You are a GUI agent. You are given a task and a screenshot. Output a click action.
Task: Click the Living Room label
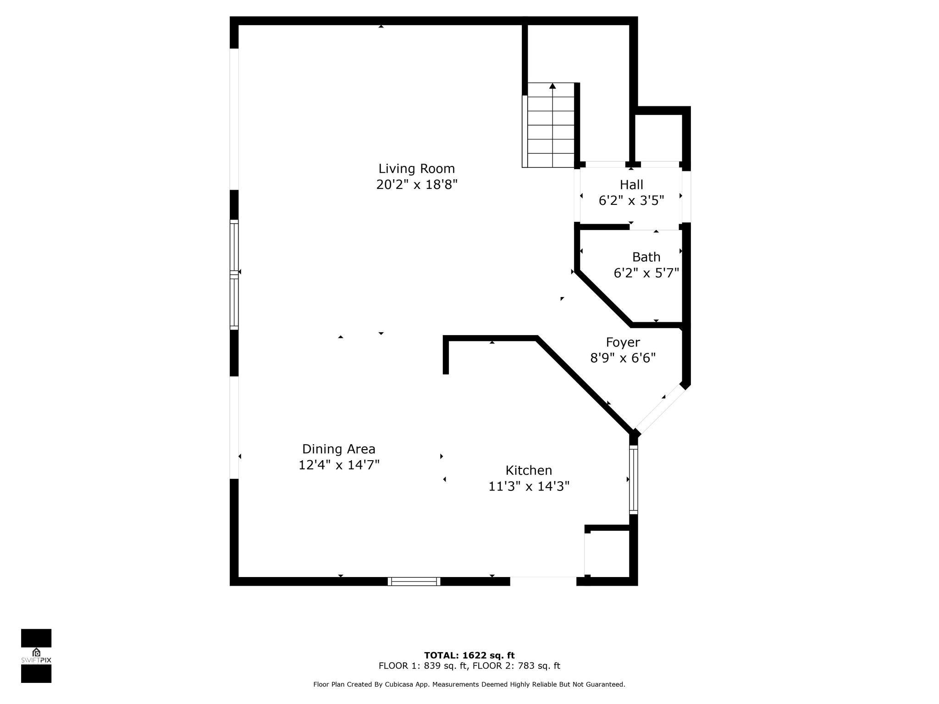pyautogui.click(x=416, y=169)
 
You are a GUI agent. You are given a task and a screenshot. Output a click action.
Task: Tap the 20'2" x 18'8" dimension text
pyautogui.click(x=417, y=185)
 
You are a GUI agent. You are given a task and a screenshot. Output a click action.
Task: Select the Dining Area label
pyautogui.click(x=339, y=449)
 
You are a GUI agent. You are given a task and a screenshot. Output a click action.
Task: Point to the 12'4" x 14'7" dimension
pyautogui.click(x=339, y=465)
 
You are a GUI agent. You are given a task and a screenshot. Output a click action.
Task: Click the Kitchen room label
pyautogui.click(x=529, y=470)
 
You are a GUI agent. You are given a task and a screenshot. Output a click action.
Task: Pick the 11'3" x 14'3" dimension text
pyautogui.click(x=529, y=486)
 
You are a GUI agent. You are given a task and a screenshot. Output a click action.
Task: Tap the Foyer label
pyautogui.click(x=623, y=342)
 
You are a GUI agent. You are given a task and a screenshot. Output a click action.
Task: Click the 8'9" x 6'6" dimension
pyautogui.click(x=623, y=358)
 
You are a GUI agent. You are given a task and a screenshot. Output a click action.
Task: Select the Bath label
pyautogui.click(x=646, y=257)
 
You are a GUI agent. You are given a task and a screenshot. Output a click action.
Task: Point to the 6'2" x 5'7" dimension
pyautogui.click(x=646, y=273)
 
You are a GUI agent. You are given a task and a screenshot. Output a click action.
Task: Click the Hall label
pyautogui.click(x=631, y=185)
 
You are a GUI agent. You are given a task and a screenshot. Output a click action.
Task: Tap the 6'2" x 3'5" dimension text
pyautogui.click(x=631, y=201)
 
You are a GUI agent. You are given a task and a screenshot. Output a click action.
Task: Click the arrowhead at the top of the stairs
pyautogui.click(x=552, y=86)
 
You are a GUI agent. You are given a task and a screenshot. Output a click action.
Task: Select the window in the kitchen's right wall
pyautogui.click(x=634, y=480)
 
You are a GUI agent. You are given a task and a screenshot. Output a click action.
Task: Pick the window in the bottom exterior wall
pyautogui.click(x=414, y=581)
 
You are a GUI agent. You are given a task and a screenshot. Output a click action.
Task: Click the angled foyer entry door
pyautogui.click(x=660, y=409)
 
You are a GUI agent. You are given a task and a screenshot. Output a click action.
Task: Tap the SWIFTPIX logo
pyautogui.click(x=36, y=656)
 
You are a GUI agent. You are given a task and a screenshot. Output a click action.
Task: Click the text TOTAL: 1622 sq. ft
pyautogui.click(x=469, y=655)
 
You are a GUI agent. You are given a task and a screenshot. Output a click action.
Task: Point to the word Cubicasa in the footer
pyautogui.click(x=414, y=684)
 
